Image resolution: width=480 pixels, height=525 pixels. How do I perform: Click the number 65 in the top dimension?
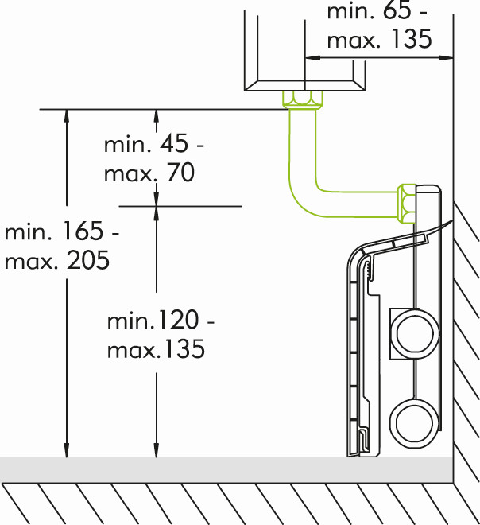pyautogui.click(x=397, y=10)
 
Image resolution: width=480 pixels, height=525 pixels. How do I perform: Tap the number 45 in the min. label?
pyautogui.click(x=174, y=144)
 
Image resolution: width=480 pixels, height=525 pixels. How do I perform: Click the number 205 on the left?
pyautogui.click(x=88, y=260)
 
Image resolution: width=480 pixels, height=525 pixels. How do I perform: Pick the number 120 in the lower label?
pyautogui.click(x=178, y=320)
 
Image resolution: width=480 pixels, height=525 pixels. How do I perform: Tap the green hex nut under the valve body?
pyautogui.click(x=302, y=99)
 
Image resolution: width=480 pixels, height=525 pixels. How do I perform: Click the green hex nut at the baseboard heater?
pyautogui.click(x=406, y=203)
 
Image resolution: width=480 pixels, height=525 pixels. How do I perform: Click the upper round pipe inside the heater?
pyautogui.click(x=415, y=333)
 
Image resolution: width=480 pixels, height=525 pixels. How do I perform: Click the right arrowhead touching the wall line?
pyautogui.click(x=446, y=58)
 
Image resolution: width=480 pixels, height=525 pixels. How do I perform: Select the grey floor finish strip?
pyautogui.click(x=226, y=470)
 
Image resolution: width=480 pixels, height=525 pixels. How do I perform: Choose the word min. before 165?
pyautogui.click(x=28, y=231)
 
